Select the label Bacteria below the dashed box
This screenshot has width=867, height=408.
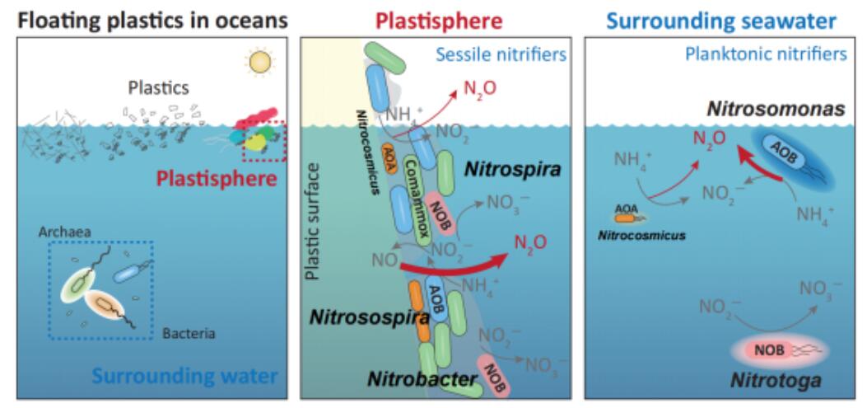click(x=188, y=335)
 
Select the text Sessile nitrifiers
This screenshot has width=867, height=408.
click(x=512, y=55)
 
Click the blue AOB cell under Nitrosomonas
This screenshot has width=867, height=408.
click(x=786, y=153)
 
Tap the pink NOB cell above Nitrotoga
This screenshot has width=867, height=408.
click(x=769, y=351)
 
